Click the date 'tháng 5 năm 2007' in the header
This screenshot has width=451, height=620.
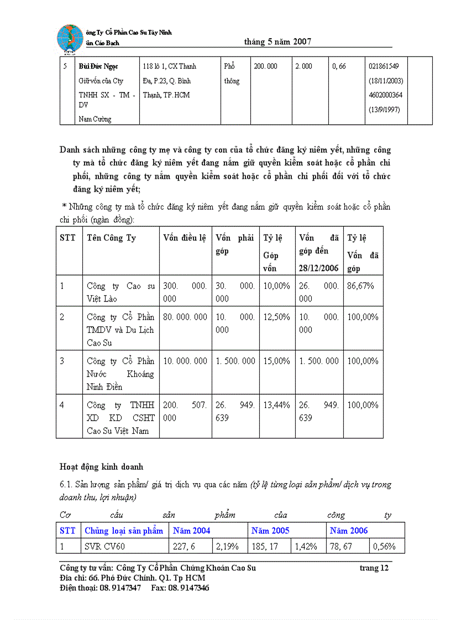pyautogui.click(x=277, y=41)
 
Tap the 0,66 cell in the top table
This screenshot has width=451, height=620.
pyautogui.click(x=339, y=66)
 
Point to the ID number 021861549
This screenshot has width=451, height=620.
pyautogui.click(x=384, y=66)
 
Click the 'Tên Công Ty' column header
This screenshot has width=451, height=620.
pyautogui.click(x=111, y=238)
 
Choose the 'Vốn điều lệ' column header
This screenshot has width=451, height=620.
pyautogui.click(x=185, y=238)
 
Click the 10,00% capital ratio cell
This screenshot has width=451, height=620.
pyautogui.click(x=276, y=286)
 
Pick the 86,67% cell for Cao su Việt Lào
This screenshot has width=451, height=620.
pyautogui.click(x=361, y=286)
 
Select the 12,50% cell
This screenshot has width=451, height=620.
pyautogui.click(x=276, y=317)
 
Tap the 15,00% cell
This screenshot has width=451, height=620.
pyautogui.click(x=276, y=361)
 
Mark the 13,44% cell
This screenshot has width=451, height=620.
pyautogui.click(x=276, y=405)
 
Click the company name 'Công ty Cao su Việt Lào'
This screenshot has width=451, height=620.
pyautogui.click(x=120, y=293)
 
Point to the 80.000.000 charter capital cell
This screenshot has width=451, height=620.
pyautogui.click(x=185, y=317)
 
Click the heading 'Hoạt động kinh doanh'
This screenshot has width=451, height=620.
pyautogui.click(x=101, y=467)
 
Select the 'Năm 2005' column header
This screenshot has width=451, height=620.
pyautogui.click(x=270, y=531)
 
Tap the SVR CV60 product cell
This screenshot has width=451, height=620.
pyautogui.click(x=105, y=547)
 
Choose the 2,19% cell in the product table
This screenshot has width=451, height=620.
pyautogui.click(x=227, y=547)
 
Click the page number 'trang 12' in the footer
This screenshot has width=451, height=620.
pyautogui.click(x=374, y=568)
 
